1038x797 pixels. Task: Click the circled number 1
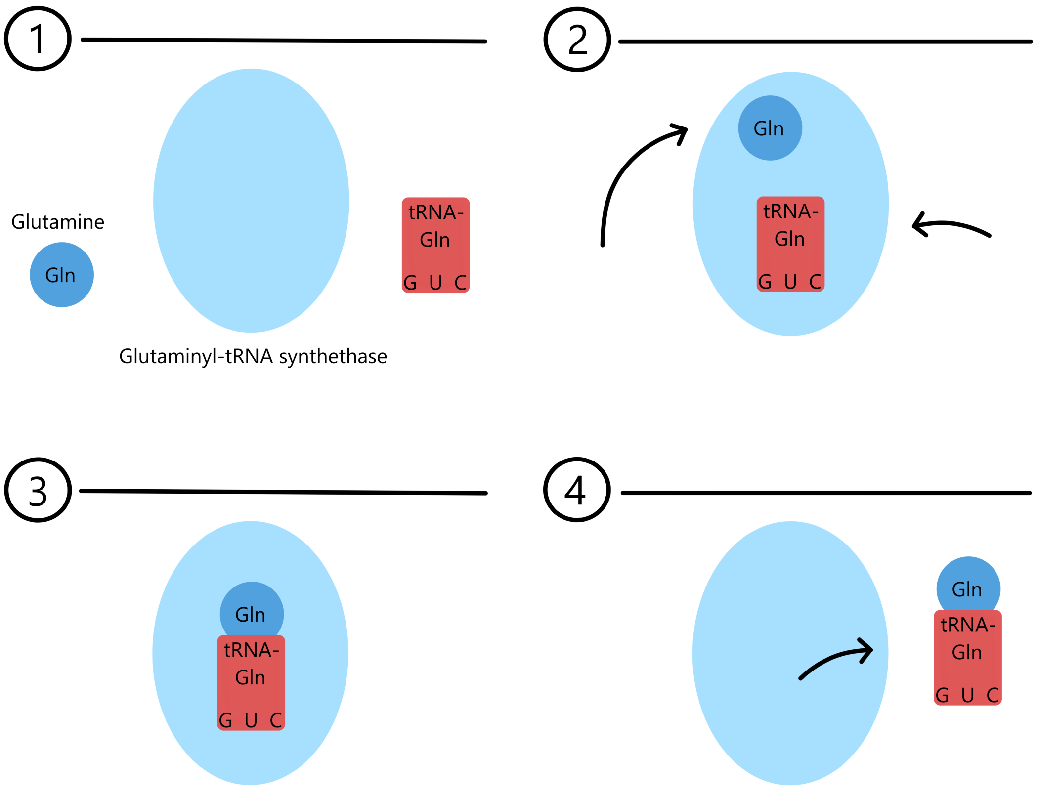[x=38, y=39]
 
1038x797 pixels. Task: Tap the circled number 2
[x=577, y=40]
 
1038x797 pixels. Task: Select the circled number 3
[x=38, y=490]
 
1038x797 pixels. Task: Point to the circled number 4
[x=576, y=490]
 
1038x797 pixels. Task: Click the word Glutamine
[x=58, y=222]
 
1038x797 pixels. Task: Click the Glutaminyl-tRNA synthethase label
[x=253, y=356]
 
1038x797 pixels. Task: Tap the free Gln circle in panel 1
[x=62, y=275]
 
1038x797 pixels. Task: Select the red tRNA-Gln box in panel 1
[x=435, y=245]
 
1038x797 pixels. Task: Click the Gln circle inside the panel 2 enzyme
[x=770, y=128]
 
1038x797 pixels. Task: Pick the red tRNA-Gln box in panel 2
[x=790, y=244]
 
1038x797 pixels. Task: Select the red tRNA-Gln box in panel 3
[x=251, y=682]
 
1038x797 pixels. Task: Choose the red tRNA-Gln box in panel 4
[x=967, y=657]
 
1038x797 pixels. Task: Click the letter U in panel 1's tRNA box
[x=435, y=283]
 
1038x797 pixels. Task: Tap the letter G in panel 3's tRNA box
[x=225, y=721]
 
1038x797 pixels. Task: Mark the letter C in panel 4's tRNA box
[x=993, y=696]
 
